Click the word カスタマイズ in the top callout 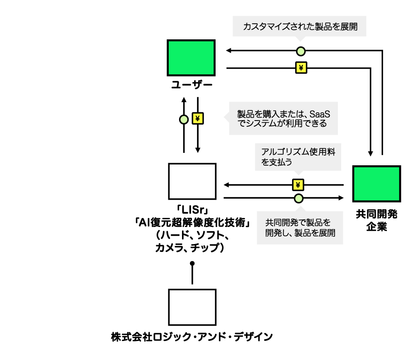point(264,27)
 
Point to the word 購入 point(271,114)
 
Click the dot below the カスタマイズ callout point(301,51)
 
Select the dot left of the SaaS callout point(184,119)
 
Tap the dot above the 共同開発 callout point(299,198)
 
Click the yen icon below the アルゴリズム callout point(298,185)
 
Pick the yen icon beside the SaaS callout point(198,118)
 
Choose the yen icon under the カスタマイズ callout point(301,68)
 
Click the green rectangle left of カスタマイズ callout point(191,58)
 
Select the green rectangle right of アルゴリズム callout point(376,184)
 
